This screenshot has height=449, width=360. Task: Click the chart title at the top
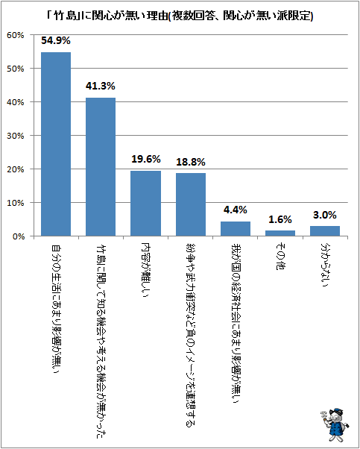(x=180, y=16)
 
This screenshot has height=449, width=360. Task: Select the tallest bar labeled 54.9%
(x=56, y=144)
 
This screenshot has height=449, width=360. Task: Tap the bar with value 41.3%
(x=101, y=167)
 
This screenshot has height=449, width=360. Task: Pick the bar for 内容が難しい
(x=145, y=204)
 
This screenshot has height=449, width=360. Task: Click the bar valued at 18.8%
(x=191, y=204)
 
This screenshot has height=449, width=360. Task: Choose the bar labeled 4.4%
(x=236, y=229)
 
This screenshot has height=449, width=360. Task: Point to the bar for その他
(x=280, y=233)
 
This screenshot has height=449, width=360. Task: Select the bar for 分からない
(x=325, y=231)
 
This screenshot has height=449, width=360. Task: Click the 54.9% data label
(x=56, y=41)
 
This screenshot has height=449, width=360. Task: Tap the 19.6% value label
(x=145, y=159)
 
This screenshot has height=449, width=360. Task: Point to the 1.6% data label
(x=280, y=219)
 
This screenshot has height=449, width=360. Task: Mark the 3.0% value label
(x=325, y=215)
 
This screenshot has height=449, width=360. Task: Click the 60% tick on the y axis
(x=17, y=35)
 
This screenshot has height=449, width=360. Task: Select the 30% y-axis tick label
(x=17, y=136)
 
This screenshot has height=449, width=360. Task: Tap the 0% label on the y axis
(x=19, y=236)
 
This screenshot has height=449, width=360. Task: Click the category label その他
(x=280, y=257)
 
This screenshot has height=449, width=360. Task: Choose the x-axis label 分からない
(x=324, y=265)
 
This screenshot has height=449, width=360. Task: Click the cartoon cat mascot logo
(x=334, y=425)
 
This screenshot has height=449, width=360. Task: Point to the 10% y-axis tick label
(x=17, y=203)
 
